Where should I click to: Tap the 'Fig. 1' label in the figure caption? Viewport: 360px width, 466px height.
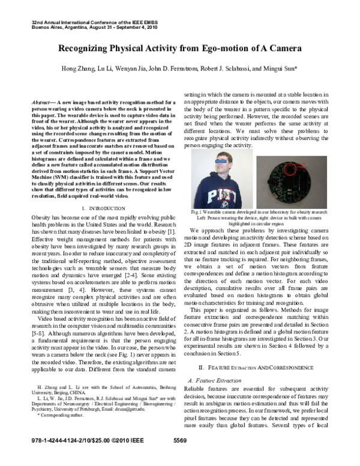[195, 211]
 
